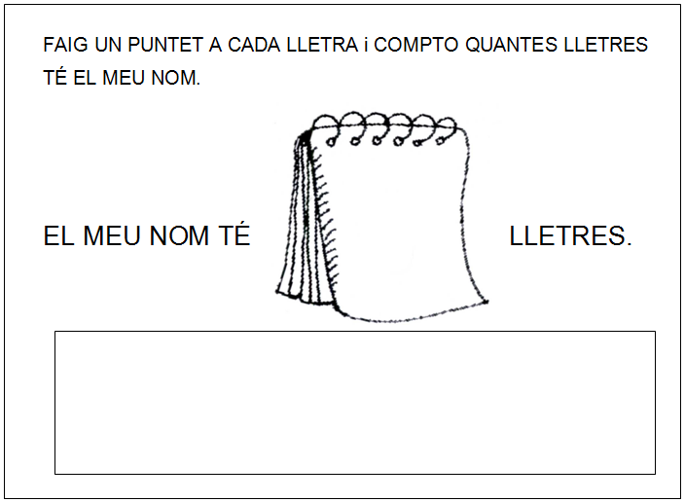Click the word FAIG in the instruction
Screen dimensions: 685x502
65,45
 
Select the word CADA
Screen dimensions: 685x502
254,45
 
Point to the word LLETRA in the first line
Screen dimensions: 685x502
322,45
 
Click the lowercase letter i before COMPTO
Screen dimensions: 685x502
366,45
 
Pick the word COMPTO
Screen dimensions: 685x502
415,45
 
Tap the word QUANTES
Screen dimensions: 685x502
511,45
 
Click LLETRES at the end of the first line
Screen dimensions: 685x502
606,45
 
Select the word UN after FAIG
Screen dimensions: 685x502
108,45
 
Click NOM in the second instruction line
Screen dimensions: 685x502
175,78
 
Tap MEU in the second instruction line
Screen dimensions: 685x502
124,78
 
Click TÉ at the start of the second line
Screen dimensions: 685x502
54,77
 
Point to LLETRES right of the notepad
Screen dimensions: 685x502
570,236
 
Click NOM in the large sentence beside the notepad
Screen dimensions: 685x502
179,236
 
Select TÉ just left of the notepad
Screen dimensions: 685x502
234,234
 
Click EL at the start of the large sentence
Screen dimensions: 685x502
58,236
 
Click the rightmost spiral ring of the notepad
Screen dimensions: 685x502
446,130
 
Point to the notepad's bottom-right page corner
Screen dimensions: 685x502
487,302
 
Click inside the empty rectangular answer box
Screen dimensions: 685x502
355,403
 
